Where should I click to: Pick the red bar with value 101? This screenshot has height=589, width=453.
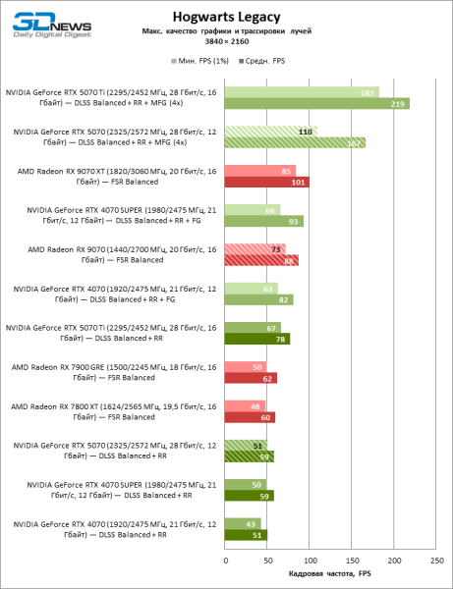pos(266,182)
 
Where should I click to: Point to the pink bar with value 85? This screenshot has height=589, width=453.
pos(259,171)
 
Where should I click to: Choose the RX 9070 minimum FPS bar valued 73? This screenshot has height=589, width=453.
pos(255,249)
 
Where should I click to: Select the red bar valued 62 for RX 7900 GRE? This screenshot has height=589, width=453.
pos(251,378)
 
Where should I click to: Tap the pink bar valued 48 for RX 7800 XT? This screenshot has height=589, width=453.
pos(245,406)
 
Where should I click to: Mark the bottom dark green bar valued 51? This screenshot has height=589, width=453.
pos(246,535)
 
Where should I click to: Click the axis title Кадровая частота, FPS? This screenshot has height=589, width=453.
pos(330,574)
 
